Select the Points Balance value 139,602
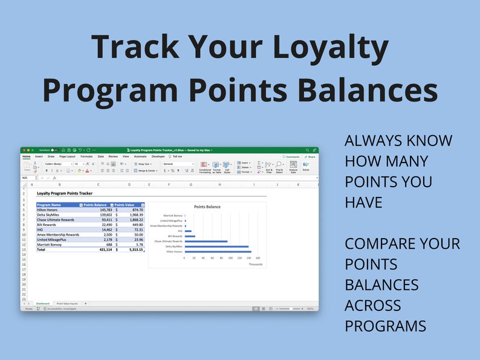tap(102, 214)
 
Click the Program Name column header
tap(49, 205)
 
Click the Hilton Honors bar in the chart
tap(218, 251)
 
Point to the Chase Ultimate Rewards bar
tap(206, 241)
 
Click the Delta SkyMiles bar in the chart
tap(216, 246)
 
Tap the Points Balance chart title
tap(207, 207)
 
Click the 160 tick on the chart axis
tap(258, 257)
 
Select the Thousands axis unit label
tap(255, 264)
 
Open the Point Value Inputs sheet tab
tap(67, 303)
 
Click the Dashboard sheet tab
tap(42, 303)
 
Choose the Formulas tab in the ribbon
tap(86, 156)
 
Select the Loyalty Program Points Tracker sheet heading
tap(65, 194)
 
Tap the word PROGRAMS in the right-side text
tap(385, 326)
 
